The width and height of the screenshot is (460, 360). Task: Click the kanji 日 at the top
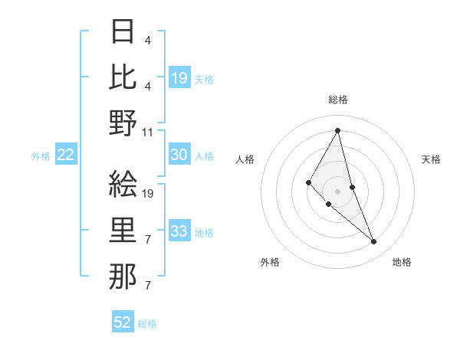[x=123, y=32]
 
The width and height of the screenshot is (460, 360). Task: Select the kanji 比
[x=123, y=77]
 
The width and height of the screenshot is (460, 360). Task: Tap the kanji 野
[x=123, y=123]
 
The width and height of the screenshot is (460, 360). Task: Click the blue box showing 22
[x=66, y=155]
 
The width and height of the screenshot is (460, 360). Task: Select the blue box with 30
[x=179, y=155]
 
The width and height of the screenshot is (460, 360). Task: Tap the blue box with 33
[x=179, y=231]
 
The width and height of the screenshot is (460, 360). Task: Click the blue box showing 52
[x=123, y=322]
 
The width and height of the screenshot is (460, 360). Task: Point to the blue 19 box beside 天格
[x=179, y=77]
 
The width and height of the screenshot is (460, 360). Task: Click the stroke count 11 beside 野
[x=148, y=132]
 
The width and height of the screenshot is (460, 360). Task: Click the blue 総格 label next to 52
[x=147, y=324]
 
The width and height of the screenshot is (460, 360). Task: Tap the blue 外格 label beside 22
[x=41, y=156]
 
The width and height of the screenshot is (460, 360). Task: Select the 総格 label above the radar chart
[x=338, y=100]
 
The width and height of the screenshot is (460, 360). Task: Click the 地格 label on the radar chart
[x=402, y=262]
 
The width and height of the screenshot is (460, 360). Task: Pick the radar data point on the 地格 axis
[x=374, y=242]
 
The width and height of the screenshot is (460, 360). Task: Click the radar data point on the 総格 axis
[x=338, y=130]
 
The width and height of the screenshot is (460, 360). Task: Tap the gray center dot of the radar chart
[x=338, y=191]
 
